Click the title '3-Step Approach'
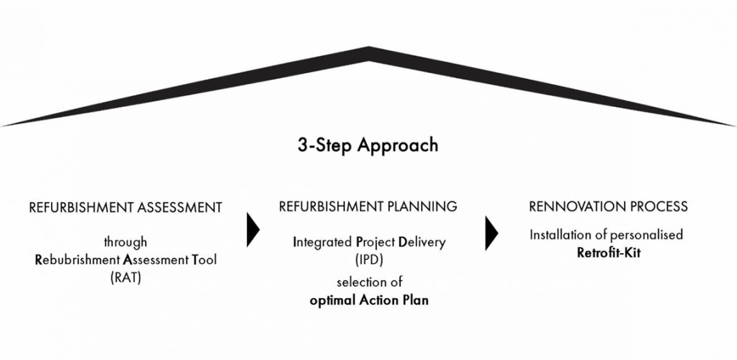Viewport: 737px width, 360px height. pyautogui.click(x=368, y=146)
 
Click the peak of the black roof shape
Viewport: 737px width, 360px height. pyautogui.click(x=369, y=47)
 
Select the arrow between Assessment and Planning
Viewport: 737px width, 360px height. pyautogui.click(x=253, y=230)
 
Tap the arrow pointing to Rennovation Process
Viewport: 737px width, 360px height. pyautogui.click(x=491, y=233)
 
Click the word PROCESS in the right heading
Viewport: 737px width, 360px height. pyautogui.click(x=654, y=206)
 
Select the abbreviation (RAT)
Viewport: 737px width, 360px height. pyautogui.click(x=126, y=278)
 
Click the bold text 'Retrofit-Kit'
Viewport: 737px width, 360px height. pyautogui.click(x=609, y=253)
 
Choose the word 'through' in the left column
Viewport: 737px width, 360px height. pyautogui.click(x=126, y=242)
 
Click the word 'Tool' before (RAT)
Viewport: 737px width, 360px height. pyautogui.click(x=204, y=260)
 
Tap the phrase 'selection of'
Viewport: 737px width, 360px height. pyautogui.click(x=369, y=283)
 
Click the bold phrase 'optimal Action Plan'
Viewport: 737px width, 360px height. pyautogui.click(x=369, y=300)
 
